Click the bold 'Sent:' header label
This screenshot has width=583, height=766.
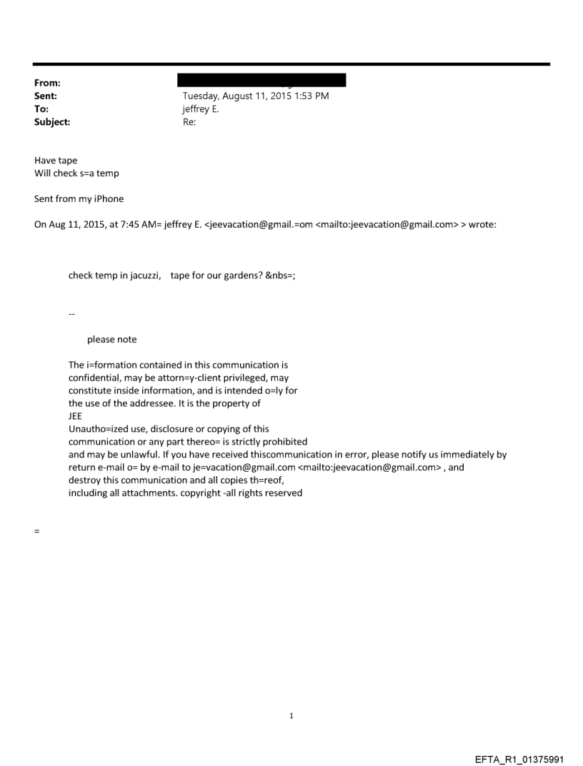(46, 96)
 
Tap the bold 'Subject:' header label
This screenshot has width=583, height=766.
(52, 122)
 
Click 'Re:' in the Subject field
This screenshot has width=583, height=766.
(189, 122)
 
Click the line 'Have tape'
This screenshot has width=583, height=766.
(56, 161)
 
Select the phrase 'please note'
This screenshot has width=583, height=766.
(112, 339)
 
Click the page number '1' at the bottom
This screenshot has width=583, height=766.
(291, 715)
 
